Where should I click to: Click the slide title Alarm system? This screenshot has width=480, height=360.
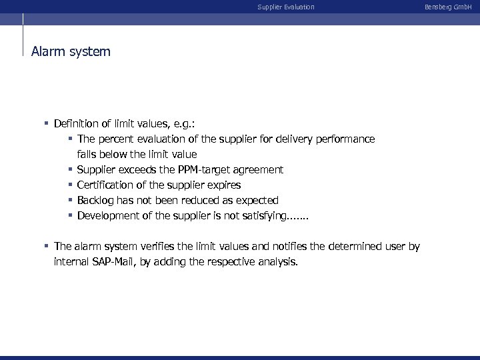click(71, 51)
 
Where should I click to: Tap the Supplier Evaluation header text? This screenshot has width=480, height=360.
click(286, 7)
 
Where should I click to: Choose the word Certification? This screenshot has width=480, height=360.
click(106, 185)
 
